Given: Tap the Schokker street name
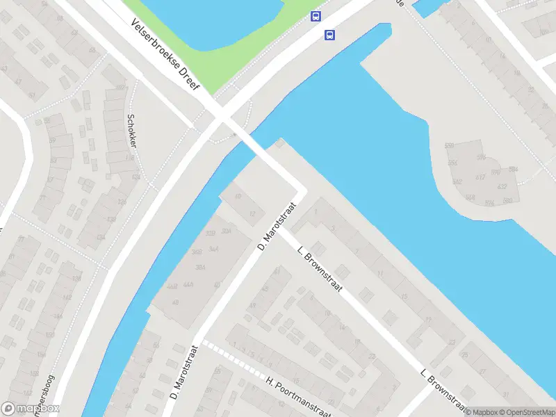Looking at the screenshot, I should [x=131, y=130].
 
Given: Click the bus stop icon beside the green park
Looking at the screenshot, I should [x=316, y=17].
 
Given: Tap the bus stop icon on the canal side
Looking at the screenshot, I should [x=329, y=35].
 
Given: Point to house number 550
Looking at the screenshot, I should [x=449, y=146].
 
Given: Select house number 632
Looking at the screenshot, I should [x=502, y=186].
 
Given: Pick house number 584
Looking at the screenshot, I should [x=513, y=169].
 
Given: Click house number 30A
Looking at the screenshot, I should [x=226, y=231].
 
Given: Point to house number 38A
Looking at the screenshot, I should [x=200, y=267].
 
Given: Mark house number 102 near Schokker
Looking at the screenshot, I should [x=120, y=87].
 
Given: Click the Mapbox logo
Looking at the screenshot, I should [x=31, y=409].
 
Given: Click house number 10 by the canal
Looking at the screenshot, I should [x=238, y=197].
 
